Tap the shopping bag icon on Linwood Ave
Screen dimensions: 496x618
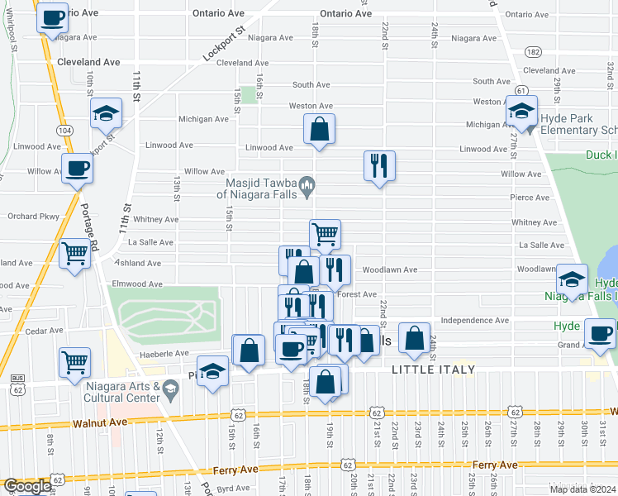[x=319, y=129]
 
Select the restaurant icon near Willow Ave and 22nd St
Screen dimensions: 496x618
[x=379, y=165]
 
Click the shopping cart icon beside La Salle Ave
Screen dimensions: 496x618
[x=325, y=234]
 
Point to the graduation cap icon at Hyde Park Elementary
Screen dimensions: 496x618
[x=522, y=110]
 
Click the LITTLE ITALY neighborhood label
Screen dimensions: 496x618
[x=433, y=370]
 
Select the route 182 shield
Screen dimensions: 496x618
[x=534, y=52]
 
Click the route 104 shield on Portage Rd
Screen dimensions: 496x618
[x=64, y=131]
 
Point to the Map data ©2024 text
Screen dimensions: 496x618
[x=582, y=489]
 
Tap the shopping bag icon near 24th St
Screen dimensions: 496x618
[x=414, y=337]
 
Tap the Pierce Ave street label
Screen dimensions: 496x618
[x=530, y=198]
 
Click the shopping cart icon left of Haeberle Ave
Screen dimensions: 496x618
[x=74, y=361]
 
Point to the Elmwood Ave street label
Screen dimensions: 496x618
[x=137, y=284]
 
